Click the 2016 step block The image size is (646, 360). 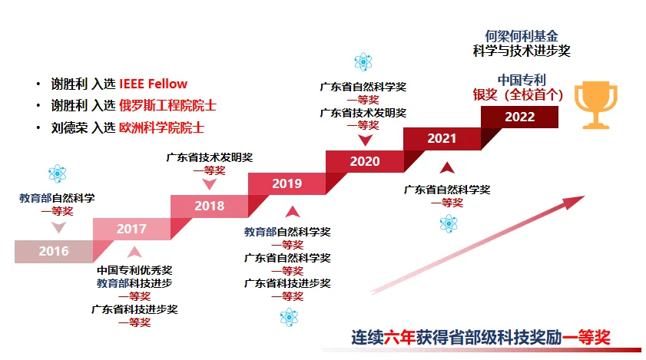tap(54, 251)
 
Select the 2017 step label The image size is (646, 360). tap(131, 229)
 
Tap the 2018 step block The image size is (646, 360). tap(209, 206)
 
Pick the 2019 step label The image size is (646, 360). tap(287, 183)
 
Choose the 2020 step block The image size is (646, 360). tap(365, 161)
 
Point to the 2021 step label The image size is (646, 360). tap(442, 138)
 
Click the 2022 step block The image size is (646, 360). tap(519, 117)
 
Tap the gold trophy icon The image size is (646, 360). tap(596, 105)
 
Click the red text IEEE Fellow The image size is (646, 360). tap(154, 84)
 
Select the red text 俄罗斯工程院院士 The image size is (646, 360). tap(167, 106)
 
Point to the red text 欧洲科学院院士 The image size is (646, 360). tap(161, 127)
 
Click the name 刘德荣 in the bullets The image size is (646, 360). tap(69, 127)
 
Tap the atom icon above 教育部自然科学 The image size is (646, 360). tap(58, 173)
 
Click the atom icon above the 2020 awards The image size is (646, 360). tap(363, 61)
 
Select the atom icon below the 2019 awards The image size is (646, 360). tap(289, 317)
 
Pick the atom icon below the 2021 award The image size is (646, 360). tap(449, 223)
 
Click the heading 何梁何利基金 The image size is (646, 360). tap(522, 36)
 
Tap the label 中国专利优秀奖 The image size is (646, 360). tap(134, 270)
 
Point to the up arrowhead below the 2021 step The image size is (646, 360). tap(447, 168)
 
